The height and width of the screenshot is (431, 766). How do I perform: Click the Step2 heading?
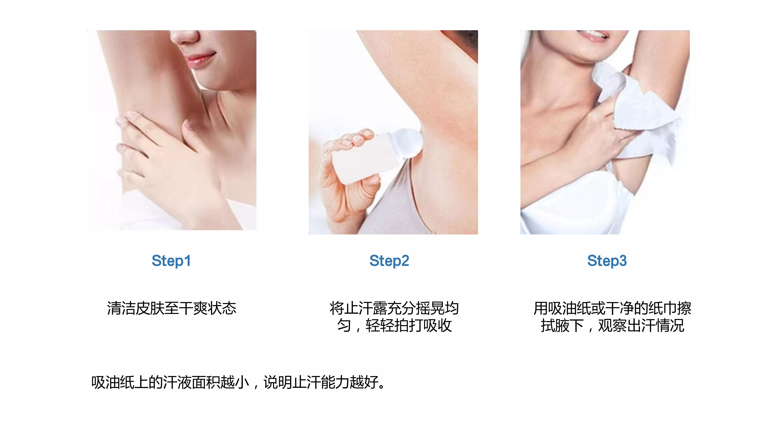click(x=389, y=261)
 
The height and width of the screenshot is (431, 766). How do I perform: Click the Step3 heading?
click(x=607, y=261)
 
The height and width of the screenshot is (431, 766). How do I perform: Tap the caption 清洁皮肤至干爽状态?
click(x=172, y=308)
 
